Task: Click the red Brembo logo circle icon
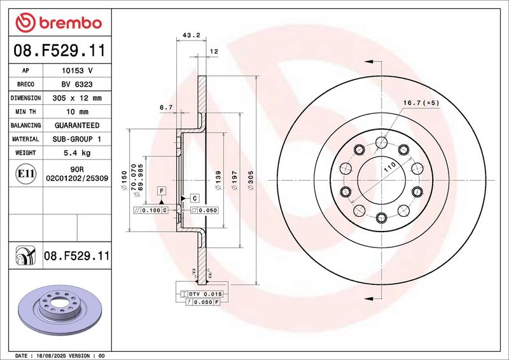[x=25, y=22]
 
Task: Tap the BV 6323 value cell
[x=77, y=85]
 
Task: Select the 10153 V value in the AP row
[x=77, y=71]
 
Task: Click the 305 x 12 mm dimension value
[x=77, y=98]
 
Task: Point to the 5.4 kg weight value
[x=77, y=153]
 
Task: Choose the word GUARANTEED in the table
[x=77, y=125]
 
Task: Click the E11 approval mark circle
[x=25, y=174]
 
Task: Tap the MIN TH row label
[x=25, y=112]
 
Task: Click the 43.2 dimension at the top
[x=192, y=35]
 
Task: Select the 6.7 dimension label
[x=166, y=107]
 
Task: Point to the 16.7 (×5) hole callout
[x=421, y=103]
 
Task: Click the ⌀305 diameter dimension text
[x=251, y=181]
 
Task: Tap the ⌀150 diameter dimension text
[x=124, y=181]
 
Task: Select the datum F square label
[x=162, y=191]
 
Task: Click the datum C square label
[x=195, y=198]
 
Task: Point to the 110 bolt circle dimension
[x=389, y=167]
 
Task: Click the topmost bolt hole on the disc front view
[x=381, y=142]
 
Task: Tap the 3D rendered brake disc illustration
[x=60, y=309]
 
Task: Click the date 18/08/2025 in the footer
[x=50, y=356]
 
